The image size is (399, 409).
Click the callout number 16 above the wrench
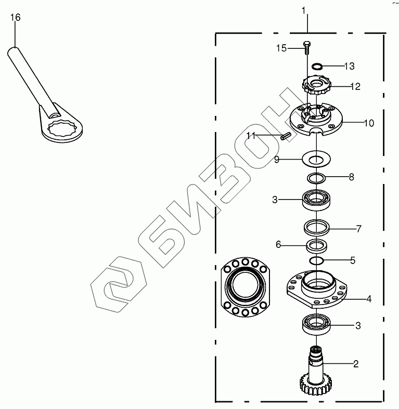click(x=15, y=18)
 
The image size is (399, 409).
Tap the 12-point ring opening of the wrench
click(x=62, y=128)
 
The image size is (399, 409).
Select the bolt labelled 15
click(x=307, y=48)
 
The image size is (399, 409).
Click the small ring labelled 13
click(x=317, y=66)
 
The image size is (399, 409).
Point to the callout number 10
click(x=369, y=123)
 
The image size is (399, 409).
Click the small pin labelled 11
click(x=286, y=136)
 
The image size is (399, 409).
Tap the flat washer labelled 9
click(x=316, y=159)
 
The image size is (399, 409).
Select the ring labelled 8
click(x=316, y=179)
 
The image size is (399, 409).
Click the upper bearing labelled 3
click(x=316, y=200)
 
